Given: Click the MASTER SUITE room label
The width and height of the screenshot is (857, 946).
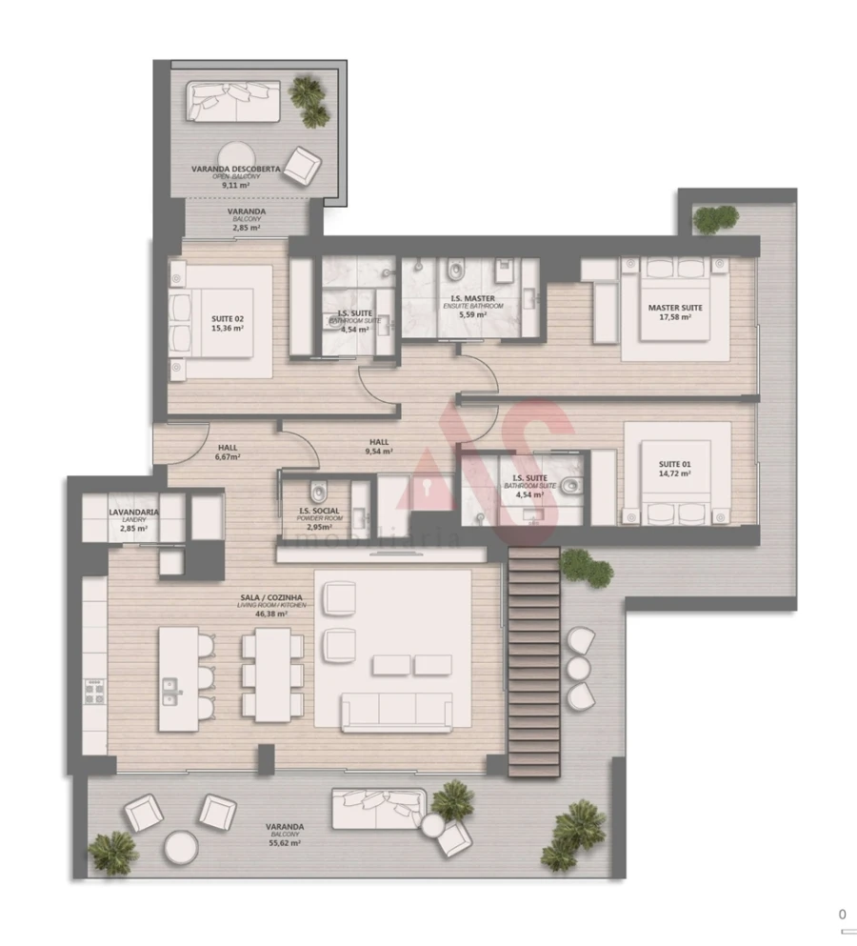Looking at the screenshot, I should [x=675, y=308].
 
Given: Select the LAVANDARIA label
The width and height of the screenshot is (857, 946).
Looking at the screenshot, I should [x=133, y=512].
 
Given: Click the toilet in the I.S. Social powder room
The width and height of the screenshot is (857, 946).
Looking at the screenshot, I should [x=318, y=493].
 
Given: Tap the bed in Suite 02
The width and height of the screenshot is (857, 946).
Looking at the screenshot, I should [x=211, y=322].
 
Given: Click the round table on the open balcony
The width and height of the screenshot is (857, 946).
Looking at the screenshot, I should [x=234, y=155].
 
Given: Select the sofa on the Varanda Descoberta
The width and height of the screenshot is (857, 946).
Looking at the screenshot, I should [x=233, y=101].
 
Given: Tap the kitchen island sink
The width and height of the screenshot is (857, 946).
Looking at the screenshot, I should [x=172, y=688].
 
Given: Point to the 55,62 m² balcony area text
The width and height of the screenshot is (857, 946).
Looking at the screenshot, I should [x=285, y=843].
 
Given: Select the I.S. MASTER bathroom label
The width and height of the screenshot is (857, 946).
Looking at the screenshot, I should [x=472, y=298].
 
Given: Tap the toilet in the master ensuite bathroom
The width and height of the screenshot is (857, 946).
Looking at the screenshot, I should [x=453, y=271].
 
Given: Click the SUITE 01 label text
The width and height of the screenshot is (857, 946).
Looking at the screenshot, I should [x=675, y=464].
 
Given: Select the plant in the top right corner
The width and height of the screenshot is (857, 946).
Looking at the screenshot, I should [x=715, y=219].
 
